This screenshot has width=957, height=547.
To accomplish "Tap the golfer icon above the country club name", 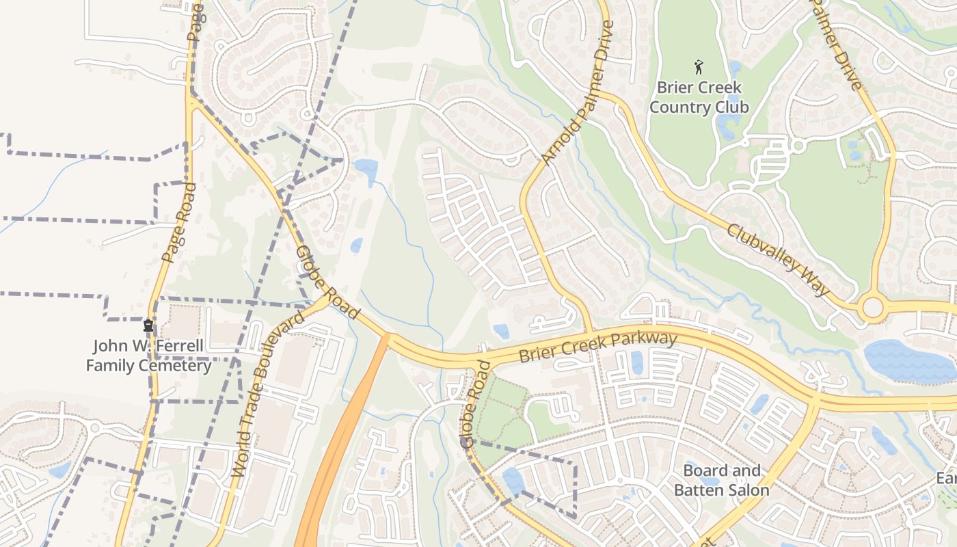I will point(699,67).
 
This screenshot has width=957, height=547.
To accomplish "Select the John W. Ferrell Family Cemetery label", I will point(148,356).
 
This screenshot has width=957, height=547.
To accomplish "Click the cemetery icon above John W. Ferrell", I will point(148,325).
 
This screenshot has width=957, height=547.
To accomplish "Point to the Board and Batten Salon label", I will point(721,480).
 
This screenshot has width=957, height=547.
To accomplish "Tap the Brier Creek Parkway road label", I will point(597,347).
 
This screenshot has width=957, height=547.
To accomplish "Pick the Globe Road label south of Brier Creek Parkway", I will point(476,405).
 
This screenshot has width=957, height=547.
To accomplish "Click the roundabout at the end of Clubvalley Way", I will point(873,307).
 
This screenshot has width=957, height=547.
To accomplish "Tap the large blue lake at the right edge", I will point(909,362).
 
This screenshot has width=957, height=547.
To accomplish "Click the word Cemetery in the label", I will point(178,366).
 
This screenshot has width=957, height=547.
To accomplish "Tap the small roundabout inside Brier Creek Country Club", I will point(797,146).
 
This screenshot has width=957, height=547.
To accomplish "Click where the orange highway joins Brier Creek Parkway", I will point(387,336).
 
